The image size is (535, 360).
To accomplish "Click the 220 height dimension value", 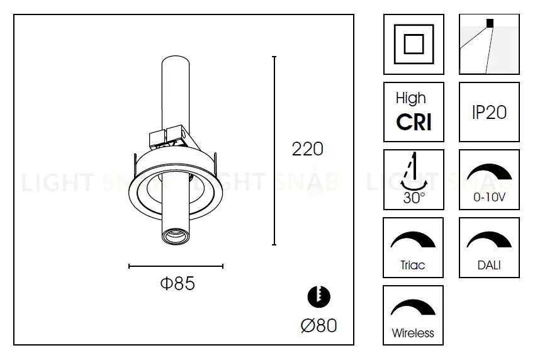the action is pyautogui.click(x=307, y=149).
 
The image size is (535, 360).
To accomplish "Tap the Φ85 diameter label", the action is pyautogui.click(x=177, y=283).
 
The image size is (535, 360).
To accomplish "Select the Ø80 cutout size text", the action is pyautogui.click(x=319, y=325).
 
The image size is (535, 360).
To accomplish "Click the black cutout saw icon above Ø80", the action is pyautogui.click(x=319, y=296).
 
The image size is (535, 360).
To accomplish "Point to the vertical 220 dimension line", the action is pyautogui.click(x=274, y=150).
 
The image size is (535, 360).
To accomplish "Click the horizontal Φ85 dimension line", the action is pyautogui.click(x=176, y=266).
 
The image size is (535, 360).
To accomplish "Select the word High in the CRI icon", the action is pyautogui.click(x=411, y=99).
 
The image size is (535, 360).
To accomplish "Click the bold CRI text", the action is pyautogui.click(x=414, y=122).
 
